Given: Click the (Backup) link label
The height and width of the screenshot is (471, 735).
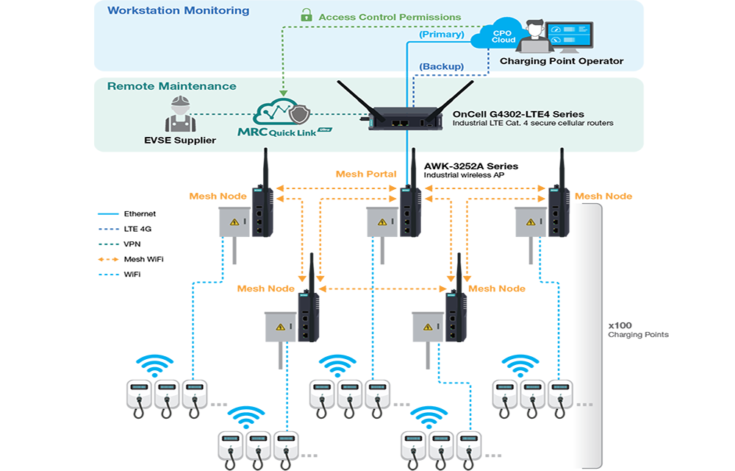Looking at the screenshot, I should (441, 67).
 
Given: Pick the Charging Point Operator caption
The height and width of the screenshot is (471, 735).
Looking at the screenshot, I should (562, 61).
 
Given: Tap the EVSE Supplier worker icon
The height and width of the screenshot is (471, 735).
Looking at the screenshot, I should (178, 113).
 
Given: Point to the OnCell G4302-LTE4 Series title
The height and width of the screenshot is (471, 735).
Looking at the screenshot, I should (518, 114).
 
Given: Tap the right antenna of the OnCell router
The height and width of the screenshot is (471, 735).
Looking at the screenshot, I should (456, 96).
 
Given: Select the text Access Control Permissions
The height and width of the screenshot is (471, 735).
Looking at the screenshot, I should (390, 16).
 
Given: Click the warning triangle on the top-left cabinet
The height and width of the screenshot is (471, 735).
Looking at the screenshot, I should (234, 222).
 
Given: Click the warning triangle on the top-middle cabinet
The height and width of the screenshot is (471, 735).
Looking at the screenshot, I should (381, 222).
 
